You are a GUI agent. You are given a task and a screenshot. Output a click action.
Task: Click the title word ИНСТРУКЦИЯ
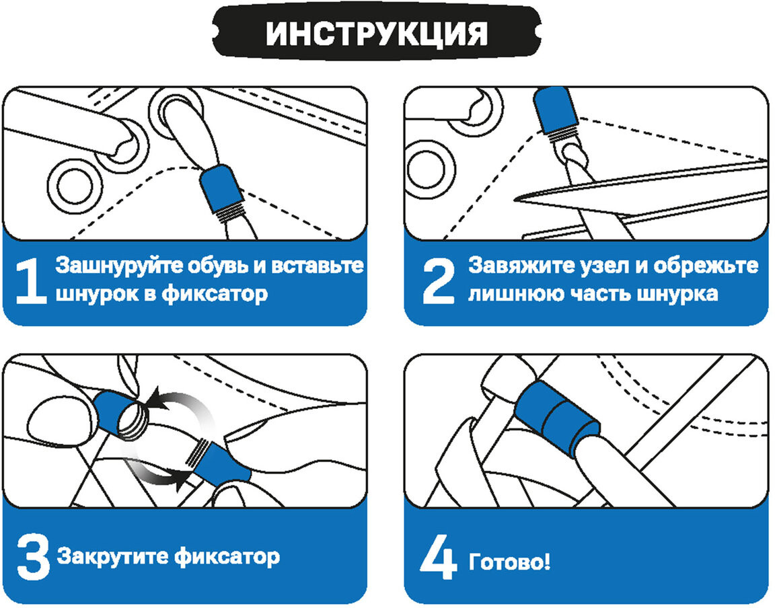[377, 34]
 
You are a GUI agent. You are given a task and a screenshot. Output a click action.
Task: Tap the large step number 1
[31, 281]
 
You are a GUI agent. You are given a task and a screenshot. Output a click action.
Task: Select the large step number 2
[439, 281]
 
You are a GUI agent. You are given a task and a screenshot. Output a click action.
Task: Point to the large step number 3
[33, 558]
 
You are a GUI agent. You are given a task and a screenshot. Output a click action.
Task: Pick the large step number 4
[439, 557]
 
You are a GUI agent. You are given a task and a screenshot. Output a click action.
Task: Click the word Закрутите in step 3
[113, 557]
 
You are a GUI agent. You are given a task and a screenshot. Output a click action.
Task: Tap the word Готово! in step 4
[509, 562]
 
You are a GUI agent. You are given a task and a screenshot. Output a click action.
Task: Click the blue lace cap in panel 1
[221, 188]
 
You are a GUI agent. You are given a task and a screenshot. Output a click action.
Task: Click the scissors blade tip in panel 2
[515, 200]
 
